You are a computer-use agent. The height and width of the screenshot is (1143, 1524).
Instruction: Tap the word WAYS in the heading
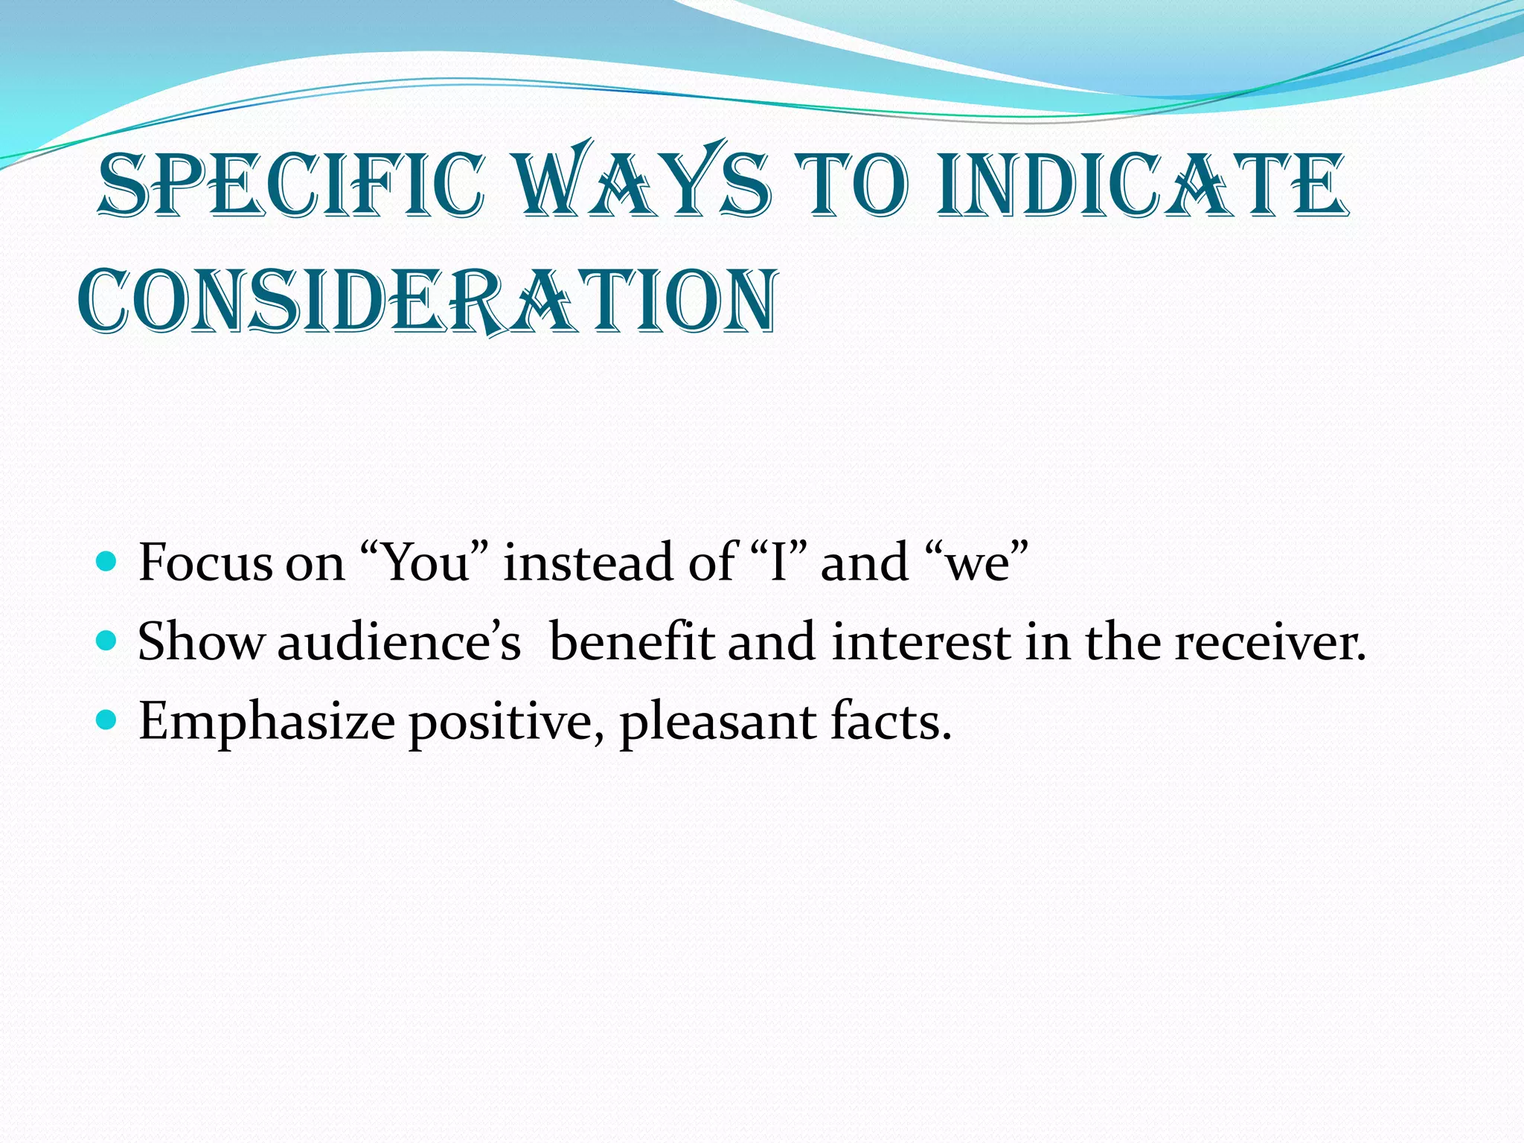pos(642,182)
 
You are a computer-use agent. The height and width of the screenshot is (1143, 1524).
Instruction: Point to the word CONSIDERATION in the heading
pos(428,301)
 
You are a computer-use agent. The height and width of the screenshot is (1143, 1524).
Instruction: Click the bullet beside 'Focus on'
pos(107,560)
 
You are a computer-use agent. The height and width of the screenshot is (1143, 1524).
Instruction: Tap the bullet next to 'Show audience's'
pos(107,640)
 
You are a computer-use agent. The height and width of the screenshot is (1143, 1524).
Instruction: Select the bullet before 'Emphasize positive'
pos(107,720)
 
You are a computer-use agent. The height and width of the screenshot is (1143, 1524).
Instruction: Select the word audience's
pos(399,642)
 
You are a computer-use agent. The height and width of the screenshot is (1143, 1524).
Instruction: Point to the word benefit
pos(631,641)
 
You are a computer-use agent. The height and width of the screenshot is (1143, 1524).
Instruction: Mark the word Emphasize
pos(266,722)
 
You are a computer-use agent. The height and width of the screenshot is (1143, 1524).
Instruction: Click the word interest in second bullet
pos(920,641)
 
